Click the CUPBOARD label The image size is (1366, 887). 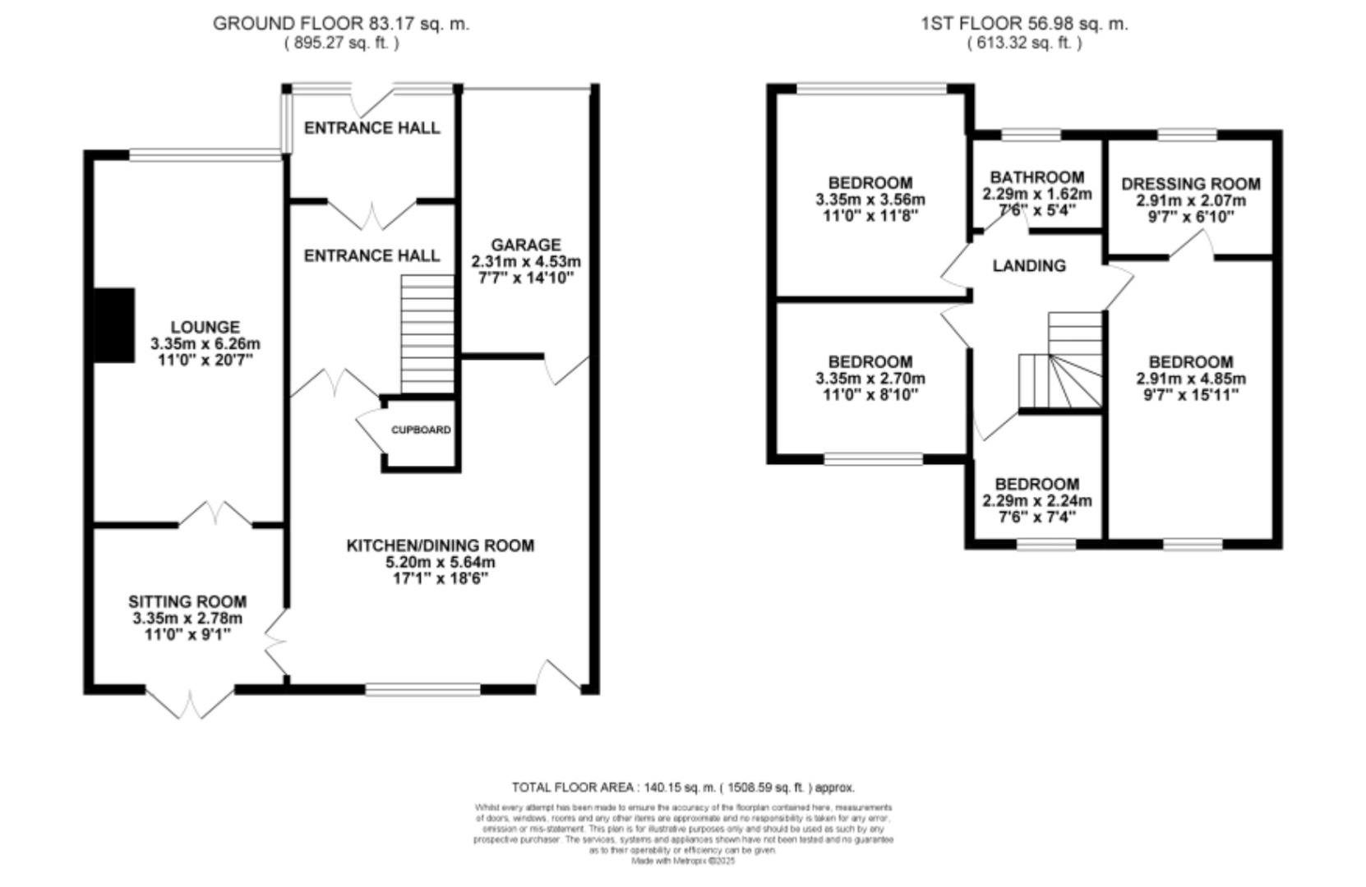tap(420, 430)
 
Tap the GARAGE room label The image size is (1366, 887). tap(526, 245)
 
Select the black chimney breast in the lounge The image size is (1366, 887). tap(114, 324)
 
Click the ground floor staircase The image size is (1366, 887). tap(427, 334)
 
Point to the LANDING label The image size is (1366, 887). tap(1028, 265)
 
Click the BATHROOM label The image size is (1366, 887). tap(1036, 177)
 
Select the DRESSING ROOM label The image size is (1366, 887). tap(1190, 184)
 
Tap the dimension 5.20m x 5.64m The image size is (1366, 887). tap(440, 563)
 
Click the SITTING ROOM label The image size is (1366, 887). tap(187, 602)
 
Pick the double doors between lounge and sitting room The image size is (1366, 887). tap(215, 514)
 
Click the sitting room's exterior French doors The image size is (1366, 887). tap(191, 702)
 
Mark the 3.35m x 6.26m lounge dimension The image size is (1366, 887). tap(205, 344)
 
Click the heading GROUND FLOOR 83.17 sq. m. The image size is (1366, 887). tap(341, 24)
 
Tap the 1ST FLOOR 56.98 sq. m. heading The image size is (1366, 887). tap(1023, 24)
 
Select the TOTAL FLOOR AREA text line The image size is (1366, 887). tap(682, 787)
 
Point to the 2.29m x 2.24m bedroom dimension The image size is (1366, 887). tap(1036, 501)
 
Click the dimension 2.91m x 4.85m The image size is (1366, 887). tap(1190, 379)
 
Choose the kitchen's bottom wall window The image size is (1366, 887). tap(423, 690)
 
